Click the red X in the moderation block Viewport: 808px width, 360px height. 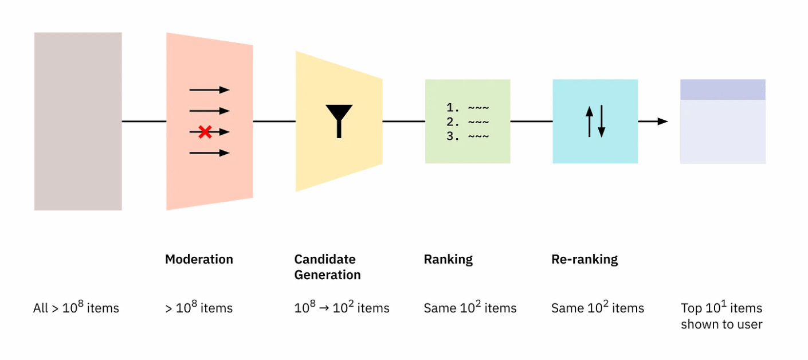205,132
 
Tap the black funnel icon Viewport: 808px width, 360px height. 339,119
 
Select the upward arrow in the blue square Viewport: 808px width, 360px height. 589,122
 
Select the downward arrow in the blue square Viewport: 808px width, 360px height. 602,122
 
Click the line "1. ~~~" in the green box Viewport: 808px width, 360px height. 468,107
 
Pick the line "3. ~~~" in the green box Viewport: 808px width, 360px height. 468,136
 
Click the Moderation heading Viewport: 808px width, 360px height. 199,259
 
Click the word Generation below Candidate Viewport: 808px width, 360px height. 327,275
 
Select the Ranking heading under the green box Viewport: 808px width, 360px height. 448,259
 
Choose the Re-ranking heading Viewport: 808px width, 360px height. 585,259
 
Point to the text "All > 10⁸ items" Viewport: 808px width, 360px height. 76,308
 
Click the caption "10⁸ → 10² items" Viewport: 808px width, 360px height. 342,308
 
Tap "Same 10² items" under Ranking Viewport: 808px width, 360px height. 470,308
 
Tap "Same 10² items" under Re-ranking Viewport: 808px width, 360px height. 598,308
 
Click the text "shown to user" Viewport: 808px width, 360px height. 721,324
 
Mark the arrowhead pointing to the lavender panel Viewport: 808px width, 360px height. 663,122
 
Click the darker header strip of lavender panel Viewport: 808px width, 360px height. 723,89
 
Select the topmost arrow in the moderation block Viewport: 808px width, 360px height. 209,90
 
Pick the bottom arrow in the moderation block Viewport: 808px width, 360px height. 209,153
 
